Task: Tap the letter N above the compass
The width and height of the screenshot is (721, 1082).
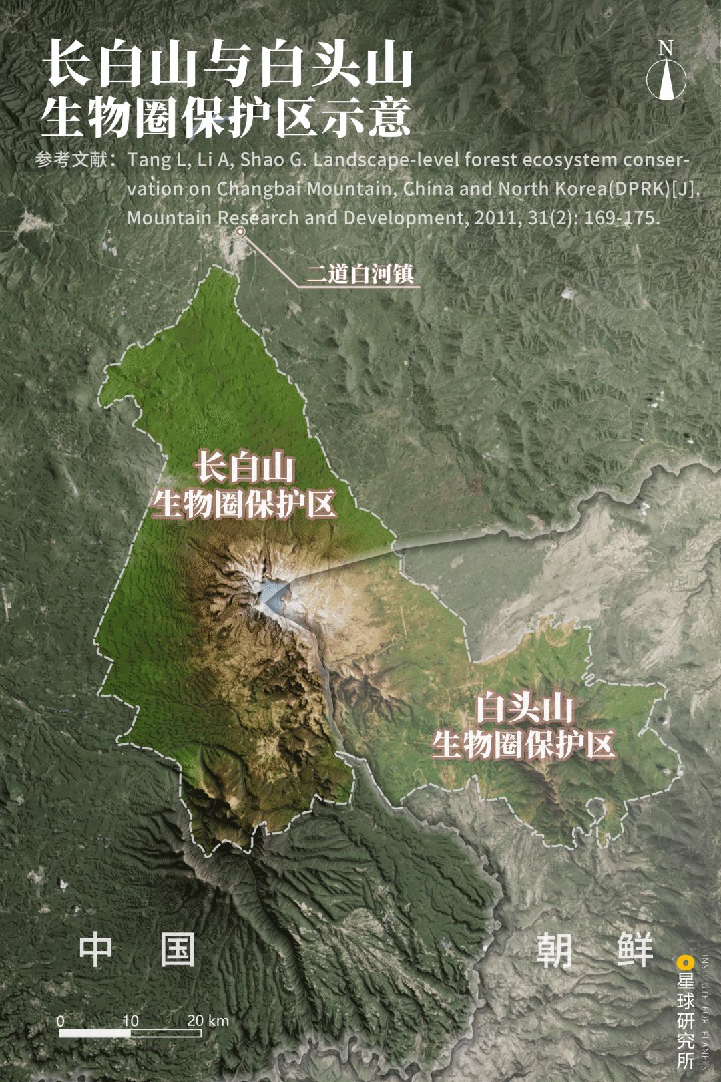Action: [x=665, y=48]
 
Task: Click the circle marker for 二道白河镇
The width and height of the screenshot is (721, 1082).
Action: [x=240, y=232]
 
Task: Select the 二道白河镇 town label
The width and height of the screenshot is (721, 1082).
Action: [x=360, y=275]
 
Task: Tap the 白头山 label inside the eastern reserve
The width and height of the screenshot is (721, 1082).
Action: [x=524, y=708]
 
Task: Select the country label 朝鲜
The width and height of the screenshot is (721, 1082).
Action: [x=594, y=950]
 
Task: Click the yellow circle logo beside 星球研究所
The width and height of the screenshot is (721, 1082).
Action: [x=683, y=962]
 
